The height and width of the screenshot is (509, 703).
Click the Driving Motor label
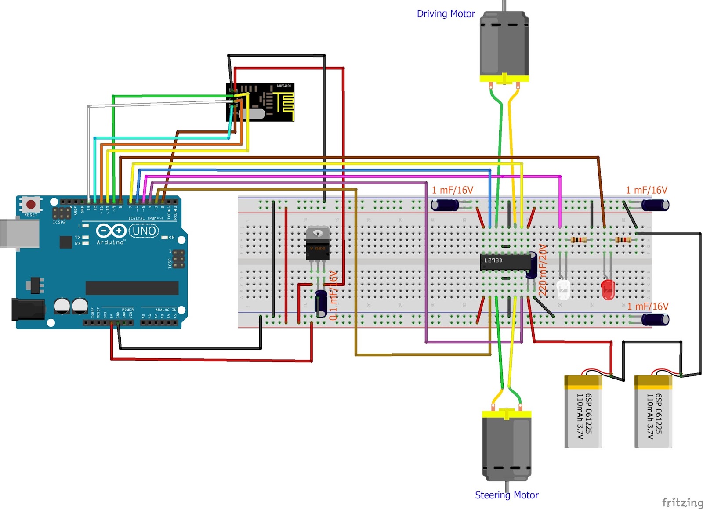pos(446,14)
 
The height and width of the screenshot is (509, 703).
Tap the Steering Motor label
pos(506,495)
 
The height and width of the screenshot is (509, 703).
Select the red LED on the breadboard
pos(608,289)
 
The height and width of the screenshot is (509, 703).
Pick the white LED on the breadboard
pos(563,289)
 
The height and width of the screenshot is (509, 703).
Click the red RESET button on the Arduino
pos(31,204)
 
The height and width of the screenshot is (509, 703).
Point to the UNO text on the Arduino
pos(144,231)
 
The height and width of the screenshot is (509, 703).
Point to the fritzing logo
pos(682,502)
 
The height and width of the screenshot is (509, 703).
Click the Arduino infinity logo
pos(111,231)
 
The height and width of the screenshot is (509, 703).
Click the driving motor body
pos(504,44)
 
